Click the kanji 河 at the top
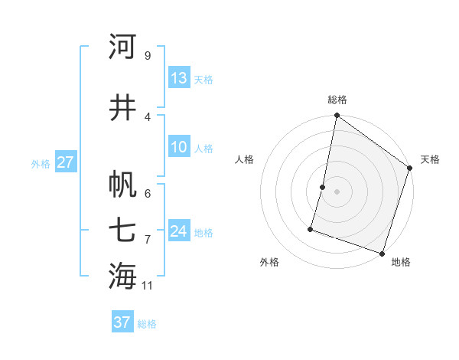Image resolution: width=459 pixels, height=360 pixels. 122,47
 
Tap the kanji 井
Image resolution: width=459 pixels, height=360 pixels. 122,107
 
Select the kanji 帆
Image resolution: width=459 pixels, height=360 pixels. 122,184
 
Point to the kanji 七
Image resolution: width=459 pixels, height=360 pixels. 122,230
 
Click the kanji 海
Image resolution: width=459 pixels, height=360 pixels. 122,276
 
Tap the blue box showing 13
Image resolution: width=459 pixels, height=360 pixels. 179,78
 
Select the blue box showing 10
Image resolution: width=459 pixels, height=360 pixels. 179,147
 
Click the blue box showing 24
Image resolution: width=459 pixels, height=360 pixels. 179,231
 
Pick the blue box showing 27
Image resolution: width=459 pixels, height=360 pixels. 65,162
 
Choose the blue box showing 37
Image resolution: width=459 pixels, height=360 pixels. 122,322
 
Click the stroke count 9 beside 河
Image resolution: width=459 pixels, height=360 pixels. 147,55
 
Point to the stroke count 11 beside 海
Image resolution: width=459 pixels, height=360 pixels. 147,286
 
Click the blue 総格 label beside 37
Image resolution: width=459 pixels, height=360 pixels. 147,324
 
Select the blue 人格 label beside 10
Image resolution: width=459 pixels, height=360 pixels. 203,148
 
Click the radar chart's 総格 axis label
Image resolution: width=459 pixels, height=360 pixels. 337,100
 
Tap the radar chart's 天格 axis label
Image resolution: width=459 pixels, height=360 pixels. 430,159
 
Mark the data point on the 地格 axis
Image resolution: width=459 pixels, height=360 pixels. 382,253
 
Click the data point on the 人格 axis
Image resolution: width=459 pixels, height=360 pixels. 323,187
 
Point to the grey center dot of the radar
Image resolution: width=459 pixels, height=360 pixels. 337,191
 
